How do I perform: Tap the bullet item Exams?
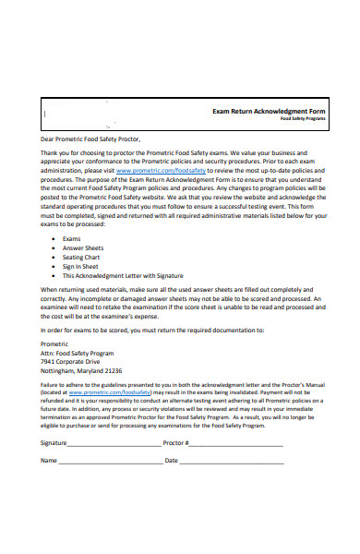coord(72,238)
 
